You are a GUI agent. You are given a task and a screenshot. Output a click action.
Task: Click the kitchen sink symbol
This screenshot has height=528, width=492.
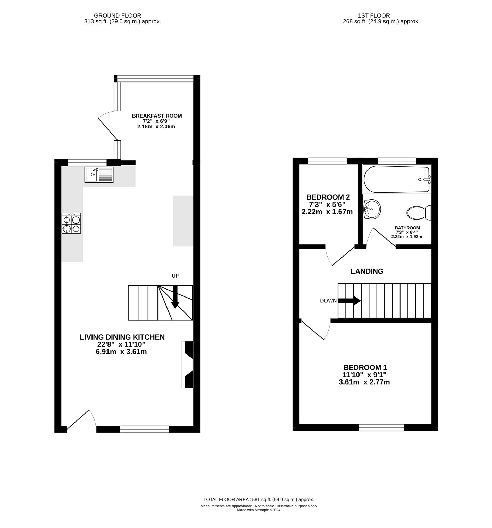[99, 175]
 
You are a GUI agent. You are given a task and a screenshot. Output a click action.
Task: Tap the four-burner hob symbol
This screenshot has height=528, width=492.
[71, 223]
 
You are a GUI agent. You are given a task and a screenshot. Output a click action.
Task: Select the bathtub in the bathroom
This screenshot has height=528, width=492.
[396, 179]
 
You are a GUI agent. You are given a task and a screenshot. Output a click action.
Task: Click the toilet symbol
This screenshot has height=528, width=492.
[419, 213]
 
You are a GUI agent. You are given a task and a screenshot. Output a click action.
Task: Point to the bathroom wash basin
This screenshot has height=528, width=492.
[372, 209]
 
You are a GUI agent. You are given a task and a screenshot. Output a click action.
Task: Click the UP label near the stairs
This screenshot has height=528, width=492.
[175, 276]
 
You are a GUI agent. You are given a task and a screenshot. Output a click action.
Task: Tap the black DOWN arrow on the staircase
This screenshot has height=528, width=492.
[349, 301]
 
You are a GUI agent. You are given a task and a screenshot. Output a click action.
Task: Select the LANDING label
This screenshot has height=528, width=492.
[367, 271]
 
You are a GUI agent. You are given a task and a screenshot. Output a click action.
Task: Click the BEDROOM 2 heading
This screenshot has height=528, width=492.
[328, 197]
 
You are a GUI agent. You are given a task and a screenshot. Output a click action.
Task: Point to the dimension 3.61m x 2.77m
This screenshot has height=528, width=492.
[364, 382]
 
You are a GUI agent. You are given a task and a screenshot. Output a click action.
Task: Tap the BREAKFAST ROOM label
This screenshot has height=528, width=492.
[157, 116]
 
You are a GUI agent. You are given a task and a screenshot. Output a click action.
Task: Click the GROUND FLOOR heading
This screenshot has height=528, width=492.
[117, 16]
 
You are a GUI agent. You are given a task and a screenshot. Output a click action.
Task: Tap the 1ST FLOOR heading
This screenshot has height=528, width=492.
[381, 16]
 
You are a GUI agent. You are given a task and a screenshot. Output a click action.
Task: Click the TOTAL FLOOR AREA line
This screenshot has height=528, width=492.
[258, 499]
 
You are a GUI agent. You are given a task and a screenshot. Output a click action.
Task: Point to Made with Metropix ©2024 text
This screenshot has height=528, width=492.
[258, 510]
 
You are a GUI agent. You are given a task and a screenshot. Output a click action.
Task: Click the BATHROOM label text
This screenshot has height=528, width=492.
[407, 228]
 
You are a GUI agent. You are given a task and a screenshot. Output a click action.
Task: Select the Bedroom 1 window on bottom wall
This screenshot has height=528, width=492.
[381, 427]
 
